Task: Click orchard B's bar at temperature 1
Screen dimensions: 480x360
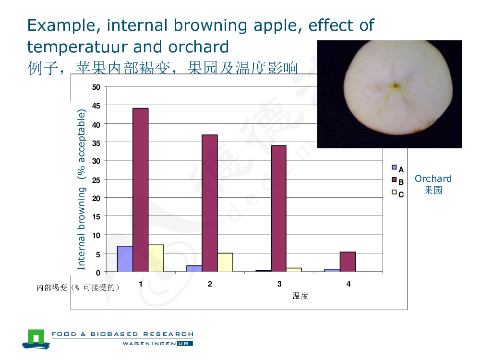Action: click(x=141, y=190)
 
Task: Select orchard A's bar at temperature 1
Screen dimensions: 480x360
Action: click(x=125, y=259)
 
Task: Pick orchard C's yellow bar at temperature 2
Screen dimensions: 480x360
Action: click(x=225, y=263)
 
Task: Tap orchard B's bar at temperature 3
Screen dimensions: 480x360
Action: click(x=278, y=208)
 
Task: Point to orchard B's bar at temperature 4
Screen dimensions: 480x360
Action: click(x=348, y=262)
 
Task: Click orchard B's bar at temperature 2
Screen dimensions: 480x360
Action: click(x=210, y=203)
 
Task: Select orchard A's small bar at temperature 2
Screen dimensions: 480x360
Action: click(x=194, y=268)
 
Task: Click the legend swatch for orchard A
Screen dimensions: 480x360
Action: click(x=394, y=168)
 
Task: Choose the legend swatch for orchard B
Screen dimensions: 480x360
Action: click(x=394, y=180)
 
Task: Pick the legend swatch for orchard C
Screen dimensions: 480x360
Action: click(x=394, y=192)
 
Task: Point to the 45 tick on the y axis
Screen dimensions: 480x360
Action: click(x=96, y=106)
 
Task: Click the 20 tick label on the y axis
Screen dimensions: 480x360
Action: click(x=96, y=198)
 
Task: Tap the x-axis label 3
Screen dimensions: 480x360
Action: click(x=279, y=284)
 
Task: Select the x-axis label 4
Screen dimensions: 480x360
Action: click(x=348, y=284)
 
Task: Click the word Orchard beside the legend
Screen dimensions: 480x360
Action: click(x=433, y=179)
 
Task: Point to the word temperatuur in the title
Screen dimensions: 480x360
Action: click(x=77, y=48)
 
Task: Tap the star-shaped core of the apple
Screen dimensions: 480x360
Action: click(x=395, y=86)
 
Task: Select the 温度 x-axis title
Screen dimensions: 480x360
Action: click(x=300, y=296)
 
